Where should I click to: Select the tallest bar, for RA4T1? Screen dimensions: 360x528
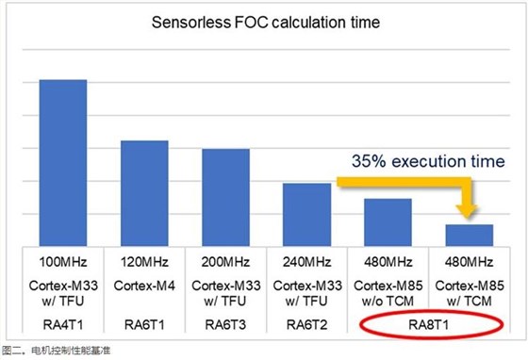tap(62, 163)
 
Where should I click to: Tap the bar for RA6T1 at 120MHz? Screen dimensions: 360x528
tap(143, 193)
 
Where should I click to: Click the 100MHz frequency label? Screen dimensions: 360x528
tap(62, 260)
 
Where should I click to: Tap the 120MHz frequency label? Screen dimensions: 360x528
tap(143, 260)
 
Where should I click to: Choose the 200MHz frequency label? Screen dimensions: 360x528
tap(225, 260)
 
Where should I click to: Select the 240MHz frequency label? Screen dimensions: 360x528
tap(306, 260)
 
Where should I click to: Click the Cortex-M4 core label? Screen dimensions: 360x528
tap(143, 283)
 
